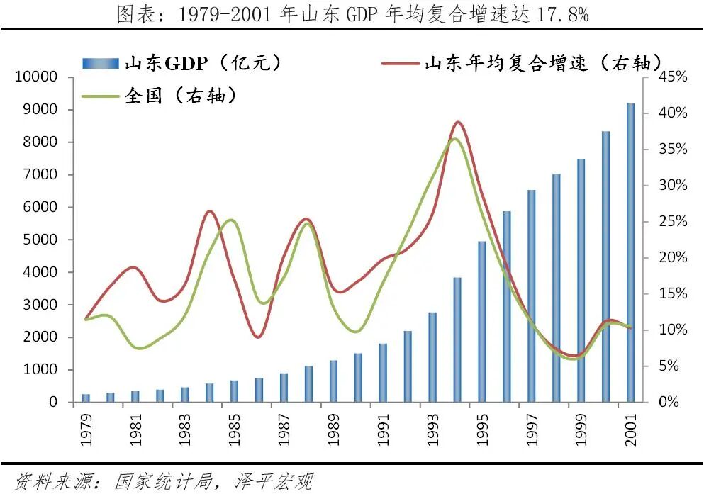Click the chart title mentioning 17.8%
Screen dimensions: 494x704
[x=352, y=14]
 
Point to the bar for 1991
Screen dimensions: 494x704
[x=383, y=373]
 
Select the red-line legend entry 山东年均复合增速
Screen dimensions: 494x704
[x=525, y=62]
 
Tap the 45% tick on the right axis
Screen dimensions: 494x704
[x=670, y=77]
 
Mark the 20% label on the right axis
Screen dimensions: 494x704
[x=670, y=257]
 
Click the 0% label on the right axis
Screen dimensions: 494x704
[x=666, y=402]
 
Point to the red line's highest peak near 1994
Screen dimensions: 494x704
[x=457, y=122]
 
